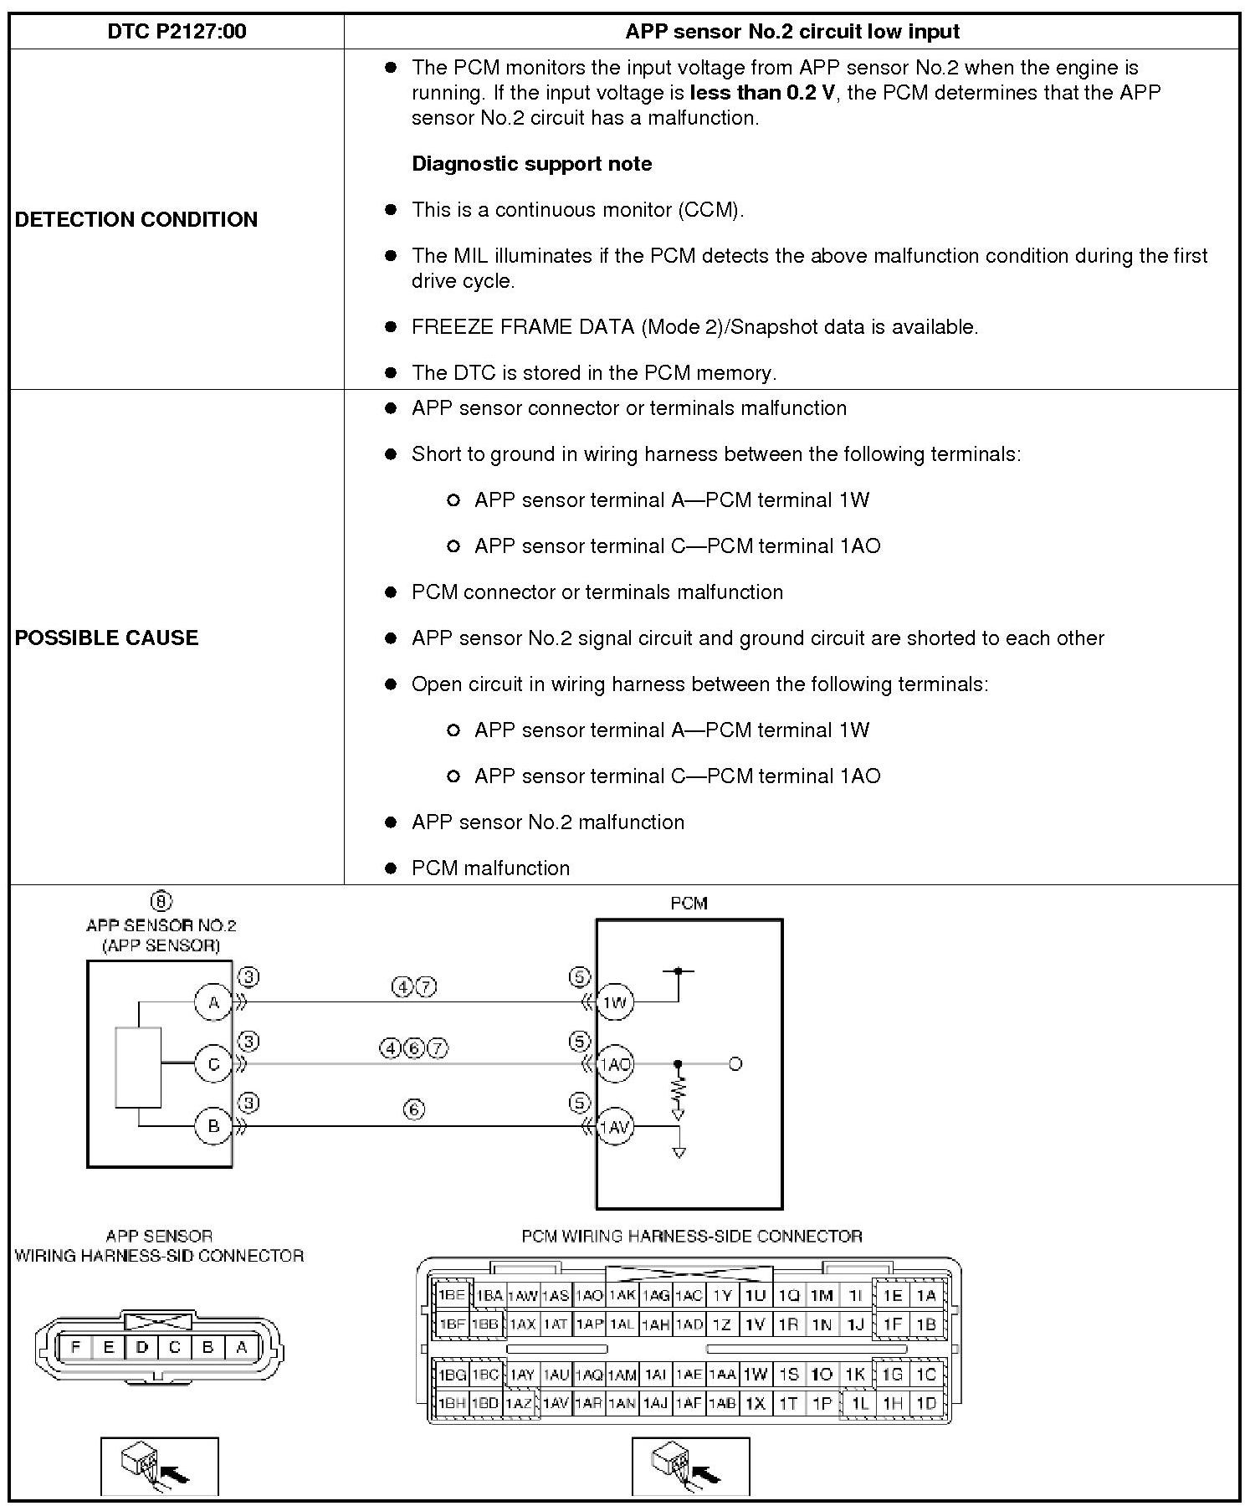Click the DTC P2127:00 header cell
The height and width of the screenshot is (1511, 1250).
coord(177,32)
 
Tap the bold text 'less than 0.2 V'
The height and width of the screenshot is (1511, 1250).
coord(762,93)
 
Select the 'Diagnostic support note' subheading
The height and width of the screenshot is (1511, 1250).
coord(531,164)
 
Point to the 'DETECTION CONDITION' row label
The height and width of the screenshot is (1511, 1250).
coord(136,219)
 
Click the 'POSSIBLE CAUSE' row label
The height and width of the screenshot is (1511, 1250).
coord(106,638)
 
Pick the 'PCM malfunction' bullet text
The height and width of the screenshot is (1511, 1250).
coord(490,868)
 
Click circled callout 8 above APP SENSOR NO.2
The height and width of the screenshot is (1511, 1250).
coord(161,901)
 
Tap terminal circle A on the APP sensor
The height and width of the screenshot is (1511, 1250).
coord(213,1002)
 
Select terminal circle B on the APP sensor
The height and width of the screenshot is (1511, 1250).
coord(213,1125)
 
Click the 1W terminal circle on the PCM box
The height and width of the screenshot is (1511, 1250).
coord(615,1002)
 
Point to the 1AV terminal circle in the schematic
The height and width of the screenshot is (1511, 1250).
coord(615,1127)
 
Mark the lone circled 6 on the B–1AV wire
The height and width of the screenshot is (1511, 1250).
coord(414,1109)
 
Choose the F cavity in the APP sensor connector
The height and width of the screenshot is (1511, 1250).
coord(76,1348)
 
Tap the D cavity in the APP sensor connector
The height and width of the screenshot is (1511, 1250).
coord(141,1348)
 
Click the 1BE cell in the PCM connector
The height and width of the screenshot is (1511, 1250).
coord(452,1295)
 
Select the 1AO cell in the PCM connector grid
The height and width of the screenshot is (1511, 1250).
coord(589,1296)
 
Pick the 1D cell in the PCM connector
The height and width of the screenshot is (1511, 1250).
coord(925,1403)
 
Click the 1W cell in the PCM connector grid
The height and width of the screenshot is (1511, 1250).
coord(756,1374)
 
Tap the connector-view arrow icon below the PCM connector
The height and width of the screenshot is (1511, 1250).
coord(690,1466)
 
